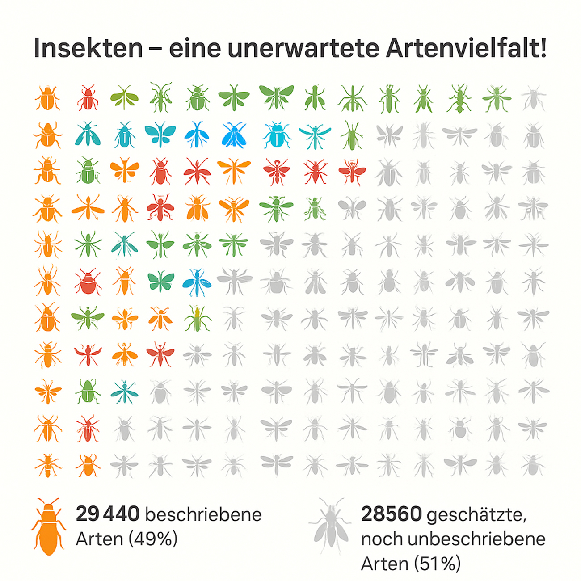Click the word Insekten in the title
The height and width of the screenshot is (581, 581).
tap(88, 48)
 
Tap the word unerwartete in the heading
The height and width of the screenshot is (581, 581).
tap(303, 48)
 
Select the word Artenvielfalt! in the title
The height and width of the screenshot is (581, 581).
tap(466, 48)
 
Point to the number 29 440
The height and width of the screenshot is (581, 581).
tap(108, 514)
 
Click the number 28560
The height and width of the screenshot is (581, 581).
tap(391, 514)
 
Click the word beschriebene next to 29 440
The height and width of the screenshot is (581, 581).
tap(203, 514)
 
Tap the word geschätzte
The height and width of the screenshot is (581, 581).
tap(476, 515)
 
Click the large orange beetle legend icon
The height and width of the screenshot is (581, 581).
tap(48, 526)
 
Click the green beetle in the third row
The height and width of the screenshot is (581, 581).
tap(88, 171)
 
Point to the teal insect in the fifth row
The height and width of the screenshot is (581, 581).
tap(124, 245)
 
